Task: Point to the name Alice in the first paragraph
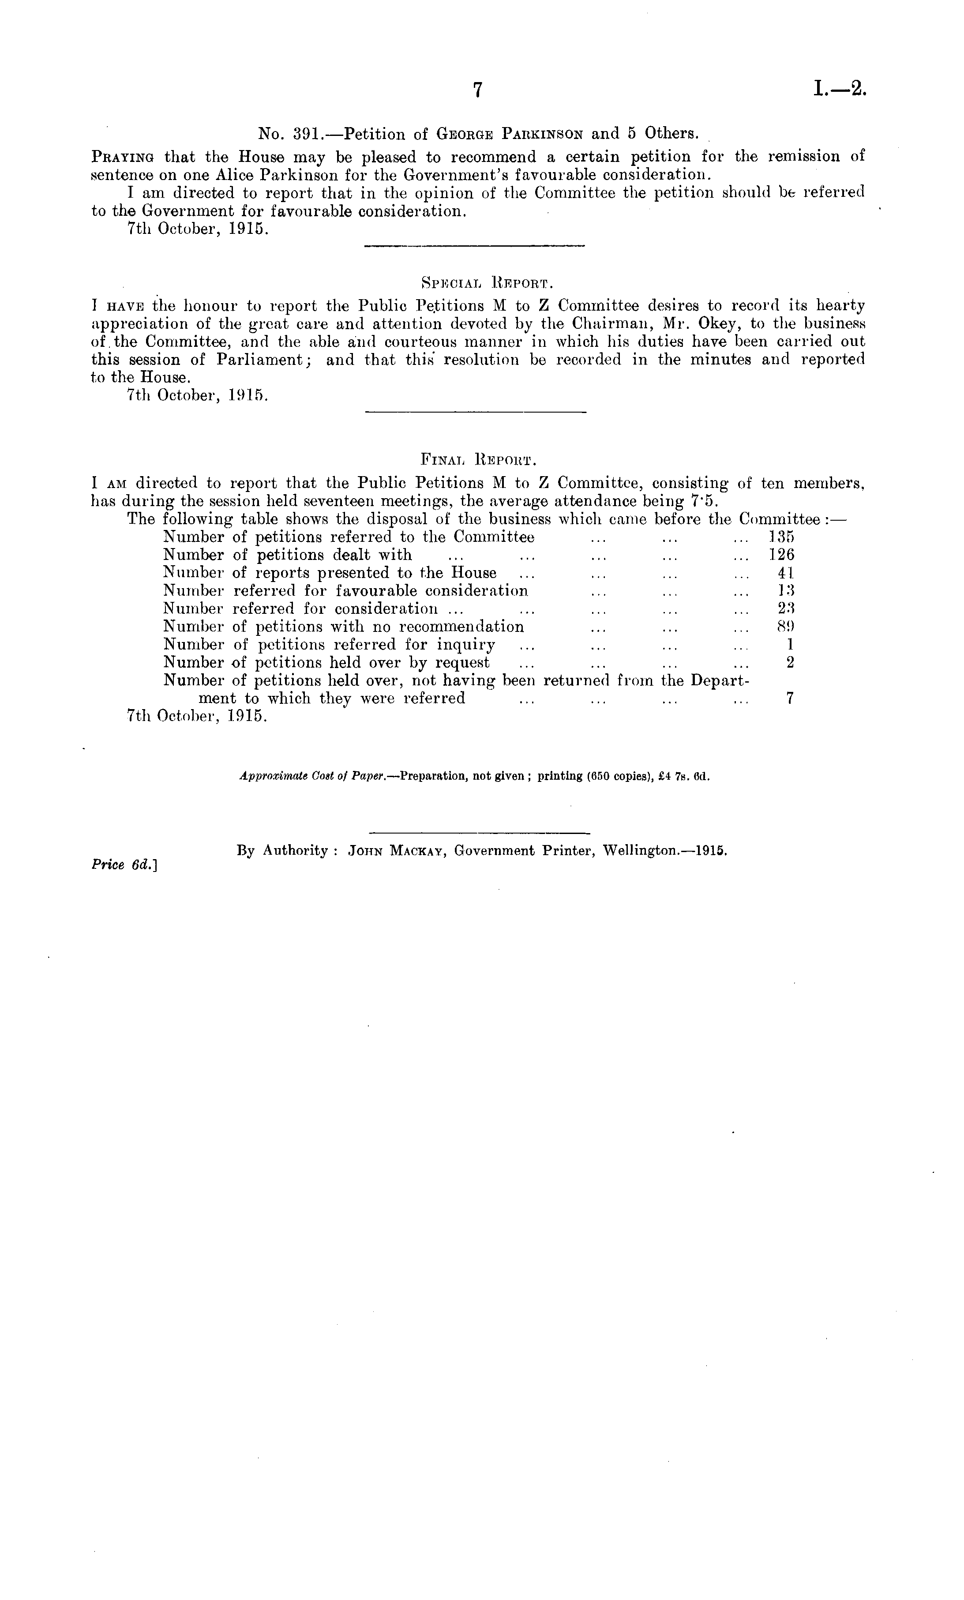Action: point(233,175)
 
